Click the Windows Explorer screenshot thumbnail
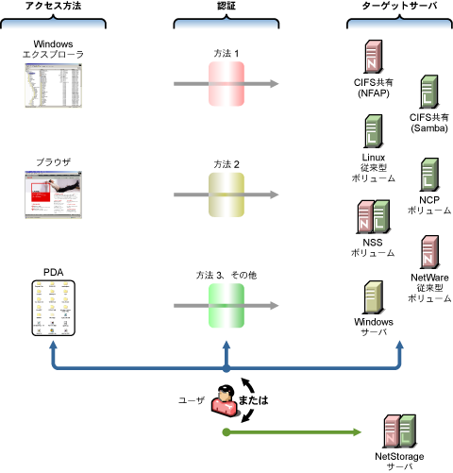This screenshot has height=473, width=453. [x=54, y=85]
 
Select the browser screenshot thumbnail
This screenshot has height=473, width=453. [x=54, y=194]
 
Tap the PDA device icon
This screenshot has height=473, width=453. [x=54, y=308]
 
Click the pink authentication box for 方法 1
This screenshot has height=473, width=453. [x=226, y=84]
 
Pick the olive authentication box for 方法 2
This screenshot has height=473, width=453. [x=226, y=194]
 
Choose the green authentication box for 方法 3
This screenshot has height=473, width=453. [x=226, y=306]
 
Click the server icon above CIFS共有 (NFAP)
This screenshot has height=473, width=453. [x=374, y=57]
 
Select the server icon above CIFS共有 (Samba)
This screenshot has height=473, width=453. [x=429, y=92]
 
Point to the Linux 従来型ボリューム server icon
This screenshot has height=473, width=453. [x=374, y=131]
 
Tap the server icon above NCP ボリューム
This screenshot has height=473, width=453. [x=429, y=175]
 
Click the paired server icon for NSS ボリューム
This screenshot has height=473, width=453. [x=374, y=216]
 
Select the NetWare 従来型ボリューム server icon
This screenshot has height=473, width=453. [x=429, y=252]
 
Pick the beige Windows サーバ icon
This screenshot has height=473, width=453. [x=374, y=297]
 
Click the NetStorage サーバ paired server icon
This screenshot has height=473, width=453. [x=399, y=431]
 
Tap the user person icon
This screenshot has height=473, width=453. [x=224, y=401]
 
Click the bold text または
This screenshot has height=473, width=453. [x=253, y=400]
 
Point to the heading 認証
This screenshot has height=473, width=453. [x=226, y=6]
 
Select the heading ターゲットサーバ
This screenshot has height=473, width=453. [x=399, y=6]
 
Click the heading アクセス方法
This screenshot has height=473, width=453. [x=53, y=6]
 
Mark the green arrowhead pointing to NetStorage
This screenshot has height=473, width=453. [x=358, y=432]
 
